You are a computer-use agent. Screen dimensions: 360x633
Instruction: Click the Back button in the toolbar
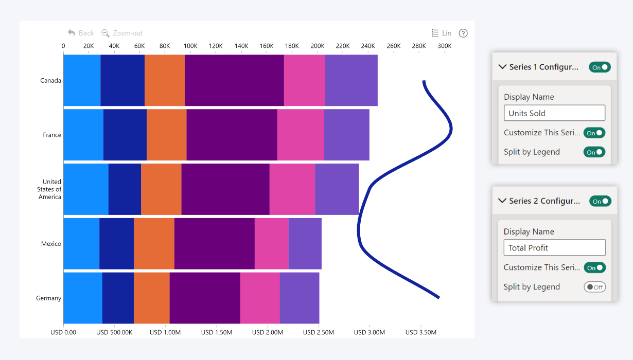pos(81,33)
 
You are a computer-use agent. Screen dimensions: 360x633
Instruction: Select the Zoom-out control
pos(122,33)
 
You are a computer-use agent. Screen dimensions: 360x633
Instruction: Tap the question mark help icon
pos(463,33)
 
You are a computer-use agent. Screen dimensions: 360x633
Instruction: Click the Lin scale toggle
pos(442,33)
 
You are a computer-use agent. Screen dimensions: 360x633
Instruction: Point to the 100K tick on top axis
pos(190,46)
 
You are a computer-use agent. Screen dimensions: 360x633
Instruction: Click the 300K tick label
pos(444,46)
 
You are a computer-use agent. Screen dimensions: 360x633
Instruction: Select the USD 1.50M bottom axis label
pos(217,332)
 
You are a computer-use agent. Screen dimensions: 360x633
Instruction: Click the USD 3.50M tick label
pos(421,332)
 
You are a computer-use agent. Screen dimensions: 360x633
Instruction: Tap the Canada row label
pos(50,81)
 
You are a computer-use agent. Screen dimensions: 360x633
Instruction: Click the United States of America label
pos(49,189)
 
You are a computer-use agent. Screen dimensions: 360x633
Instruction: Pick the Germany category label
pos(48,298)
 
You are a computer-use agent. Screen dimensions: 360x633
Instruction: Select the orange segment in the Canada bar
pos(165,80)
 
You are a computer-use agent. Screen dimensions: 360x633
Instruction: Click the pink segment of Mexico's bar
pos(271,243)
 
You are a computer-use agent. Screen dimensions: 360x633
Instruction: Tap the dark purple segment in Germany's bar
pos(205,298)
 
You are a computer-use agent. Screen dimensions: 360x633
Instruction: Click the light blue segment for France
pos(83,135)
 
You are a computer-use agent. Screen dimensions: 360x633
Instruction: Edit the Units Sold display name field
pos(554,113)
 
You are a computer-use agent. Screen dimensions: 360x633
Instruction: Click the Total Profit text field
pos(554,247)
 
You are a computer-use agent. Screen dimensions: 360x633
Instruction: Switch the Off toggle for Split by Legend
pos(594,287)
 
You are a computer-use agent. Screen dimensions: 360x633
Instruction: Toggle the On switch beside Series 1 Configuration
pos(600,67)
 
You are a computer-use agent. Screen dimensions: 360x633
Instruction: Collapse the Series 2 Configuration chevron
pos(502,201)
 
